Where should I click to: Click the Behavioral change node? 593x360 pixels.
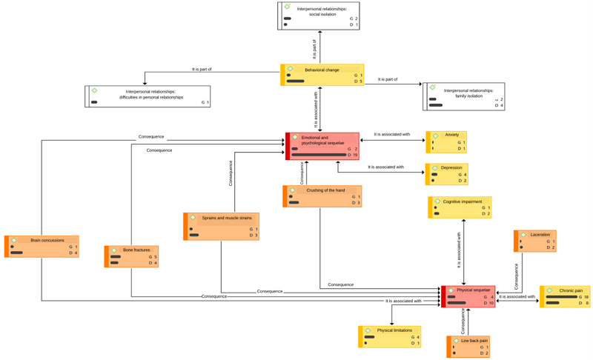(322, 75)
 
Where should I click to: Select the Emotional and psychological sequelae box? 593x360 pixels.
(322, 146)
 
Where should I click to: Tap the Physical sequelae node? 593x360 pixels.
(468, 296)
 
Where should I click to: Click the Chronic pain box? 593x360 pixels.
(565, 296)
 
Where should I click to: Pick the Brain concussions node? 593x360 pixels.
(42, 246)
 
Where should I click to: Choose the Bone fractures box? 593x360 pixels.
(132, 256)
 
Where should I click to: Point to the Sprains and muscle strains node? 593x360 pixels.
(222, 226)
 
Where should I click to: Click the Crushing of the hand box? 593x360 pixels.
(322, 196)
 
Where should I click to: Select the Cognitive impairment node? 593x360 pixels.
(460, 207)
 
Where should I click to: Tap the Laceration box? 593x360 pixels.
(535, 241)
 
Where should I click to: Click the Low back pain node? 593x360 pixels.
(468, 347)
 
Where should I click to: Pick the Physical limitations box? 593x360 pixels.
(390, 336)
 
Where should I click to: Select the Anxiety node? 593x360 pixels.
(446, 141)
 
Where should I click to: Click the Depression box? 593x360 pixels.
(447, 174)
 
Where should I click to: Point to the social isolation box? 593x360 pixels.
(318, 16)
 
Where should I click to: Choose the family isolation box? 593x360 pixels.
(463, 96)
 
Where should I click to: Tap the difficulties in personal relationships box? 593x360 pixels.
(148, 96)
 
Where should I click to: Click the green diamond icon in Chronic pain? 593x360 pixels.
(549, 290)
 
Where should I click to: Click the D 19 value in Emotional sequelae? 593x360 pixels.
(354, 156)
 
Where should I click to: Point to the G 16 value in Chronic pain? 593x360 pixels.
(583, 297)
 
